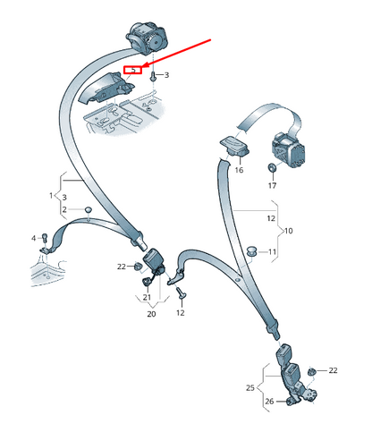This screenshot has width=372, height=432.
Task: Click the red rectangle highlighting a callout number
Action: (132, 70)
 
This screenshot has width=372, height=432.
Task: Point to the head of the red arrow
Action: (143, 66)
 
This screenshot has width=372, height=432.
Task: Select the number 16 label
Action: (239, 170)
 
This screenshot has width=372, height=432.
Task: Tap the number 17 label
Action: (272, 185)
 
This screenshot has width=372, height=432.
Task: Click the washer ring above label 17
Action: (272, 167)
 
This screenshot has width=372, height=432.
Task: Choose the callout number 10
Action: (288, 231)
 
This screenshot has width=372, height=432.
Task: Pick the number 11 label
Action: (272, 252)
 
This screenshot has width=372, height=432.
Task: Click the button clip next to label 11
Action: (251, 251)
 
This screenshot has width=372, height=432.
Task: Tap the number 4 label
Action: (34, 238)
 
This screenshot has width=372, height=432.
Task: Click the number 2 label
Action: (64, 209)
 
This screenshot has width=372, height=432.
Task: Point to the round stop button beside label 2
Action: (89, 209)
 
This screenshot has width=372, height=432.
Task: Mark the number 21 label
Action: (147, 297)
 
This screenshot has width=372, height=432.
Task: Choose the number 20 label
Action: (151, 314)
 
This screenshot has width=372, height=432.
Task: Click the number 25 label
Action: (250, 387)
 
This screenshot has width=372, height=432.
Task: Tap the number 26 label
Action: (269, 402)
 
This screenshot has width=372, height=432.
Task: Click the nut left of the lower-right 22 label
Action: (311, 372)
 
